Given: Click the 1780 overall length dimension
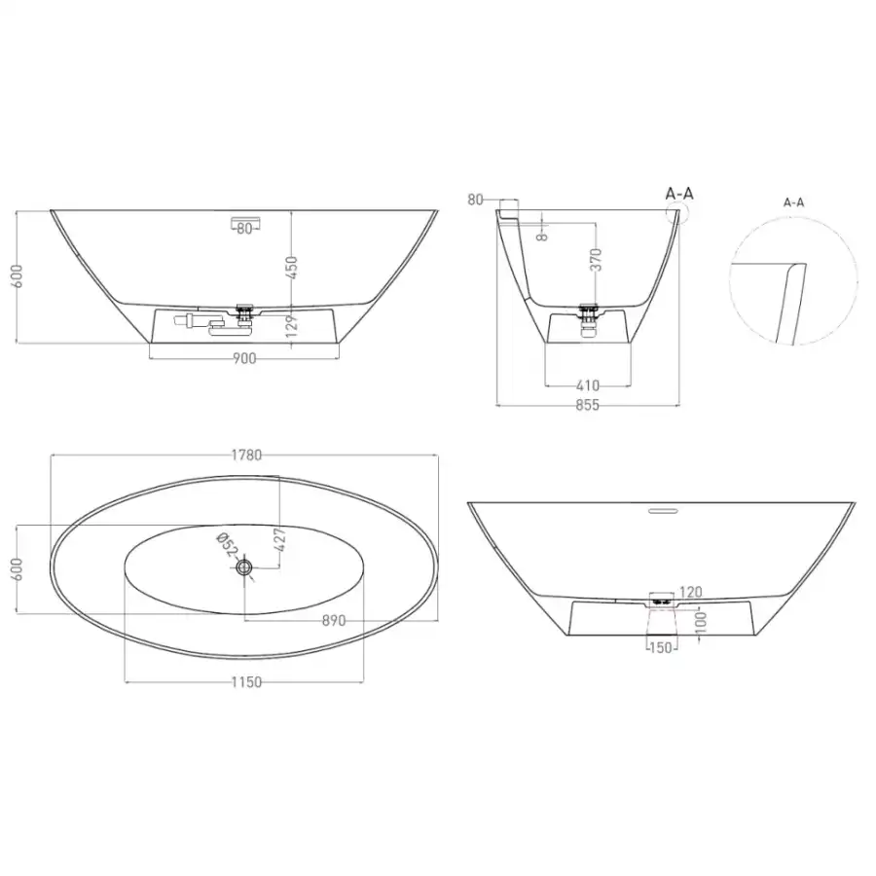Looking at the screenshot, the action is [246, 456].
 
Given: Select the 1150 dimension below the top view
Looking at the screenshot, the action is [246, 682].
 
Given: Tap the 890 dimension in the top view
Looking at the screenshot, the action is [334, 621].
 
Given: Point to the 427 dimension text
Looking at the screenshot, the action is [280, 539].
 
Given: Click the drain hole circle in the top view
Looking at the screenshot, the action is [244, 567].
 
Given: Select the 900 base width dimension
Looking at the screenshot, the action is [244, 358].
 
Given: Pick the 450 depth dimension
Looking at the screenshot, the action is [292, 269].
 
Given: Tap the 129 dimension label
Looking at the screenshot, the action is [292, 326].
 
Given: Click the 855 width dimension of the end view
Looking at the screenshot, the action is [587, 405].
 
